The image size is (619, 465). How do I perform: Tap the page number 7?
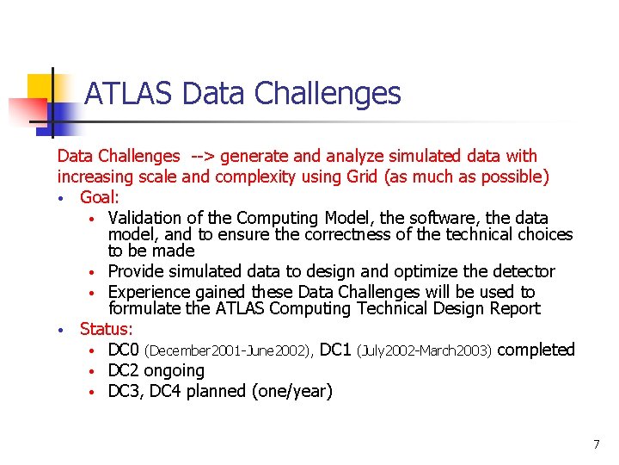pos(596,444)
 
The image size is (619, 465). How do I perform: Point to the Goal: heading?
pos(100,197)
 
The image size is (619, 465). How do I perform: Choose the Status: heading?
pos(107,328)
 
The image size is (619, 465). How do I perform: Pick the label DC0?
pos(124,350)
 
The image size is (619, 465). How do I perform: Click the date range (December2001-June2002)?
pos(228,350)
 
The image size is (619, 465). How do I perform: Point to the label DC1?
pos(335,350)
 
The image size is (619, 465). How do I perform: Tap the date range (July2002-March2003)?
pos(425,350)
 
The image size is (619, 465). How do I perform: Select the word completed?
pos(536,350)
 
